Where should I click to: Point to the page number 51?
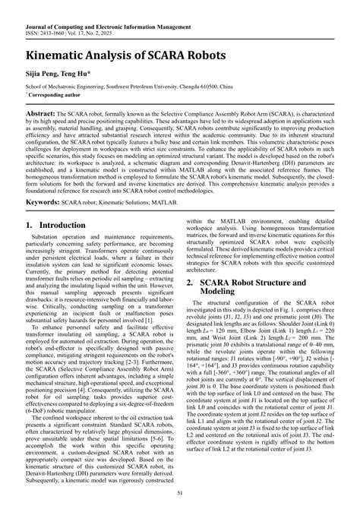point(179,496)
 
